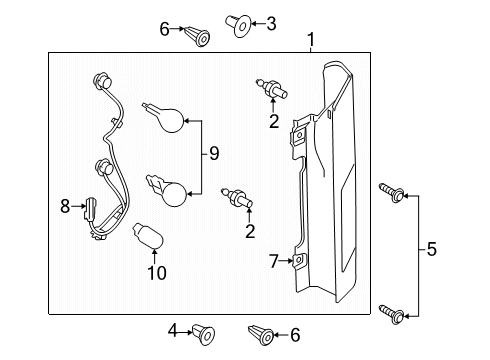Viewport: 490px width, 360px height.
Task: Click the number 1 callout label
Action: [x=311, y=41]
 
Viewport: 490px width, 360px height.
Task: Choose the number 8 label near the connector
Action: [x=64, y=207]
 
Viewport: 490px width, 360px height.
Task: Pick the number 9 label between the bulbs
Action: [x=213, y=153]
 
